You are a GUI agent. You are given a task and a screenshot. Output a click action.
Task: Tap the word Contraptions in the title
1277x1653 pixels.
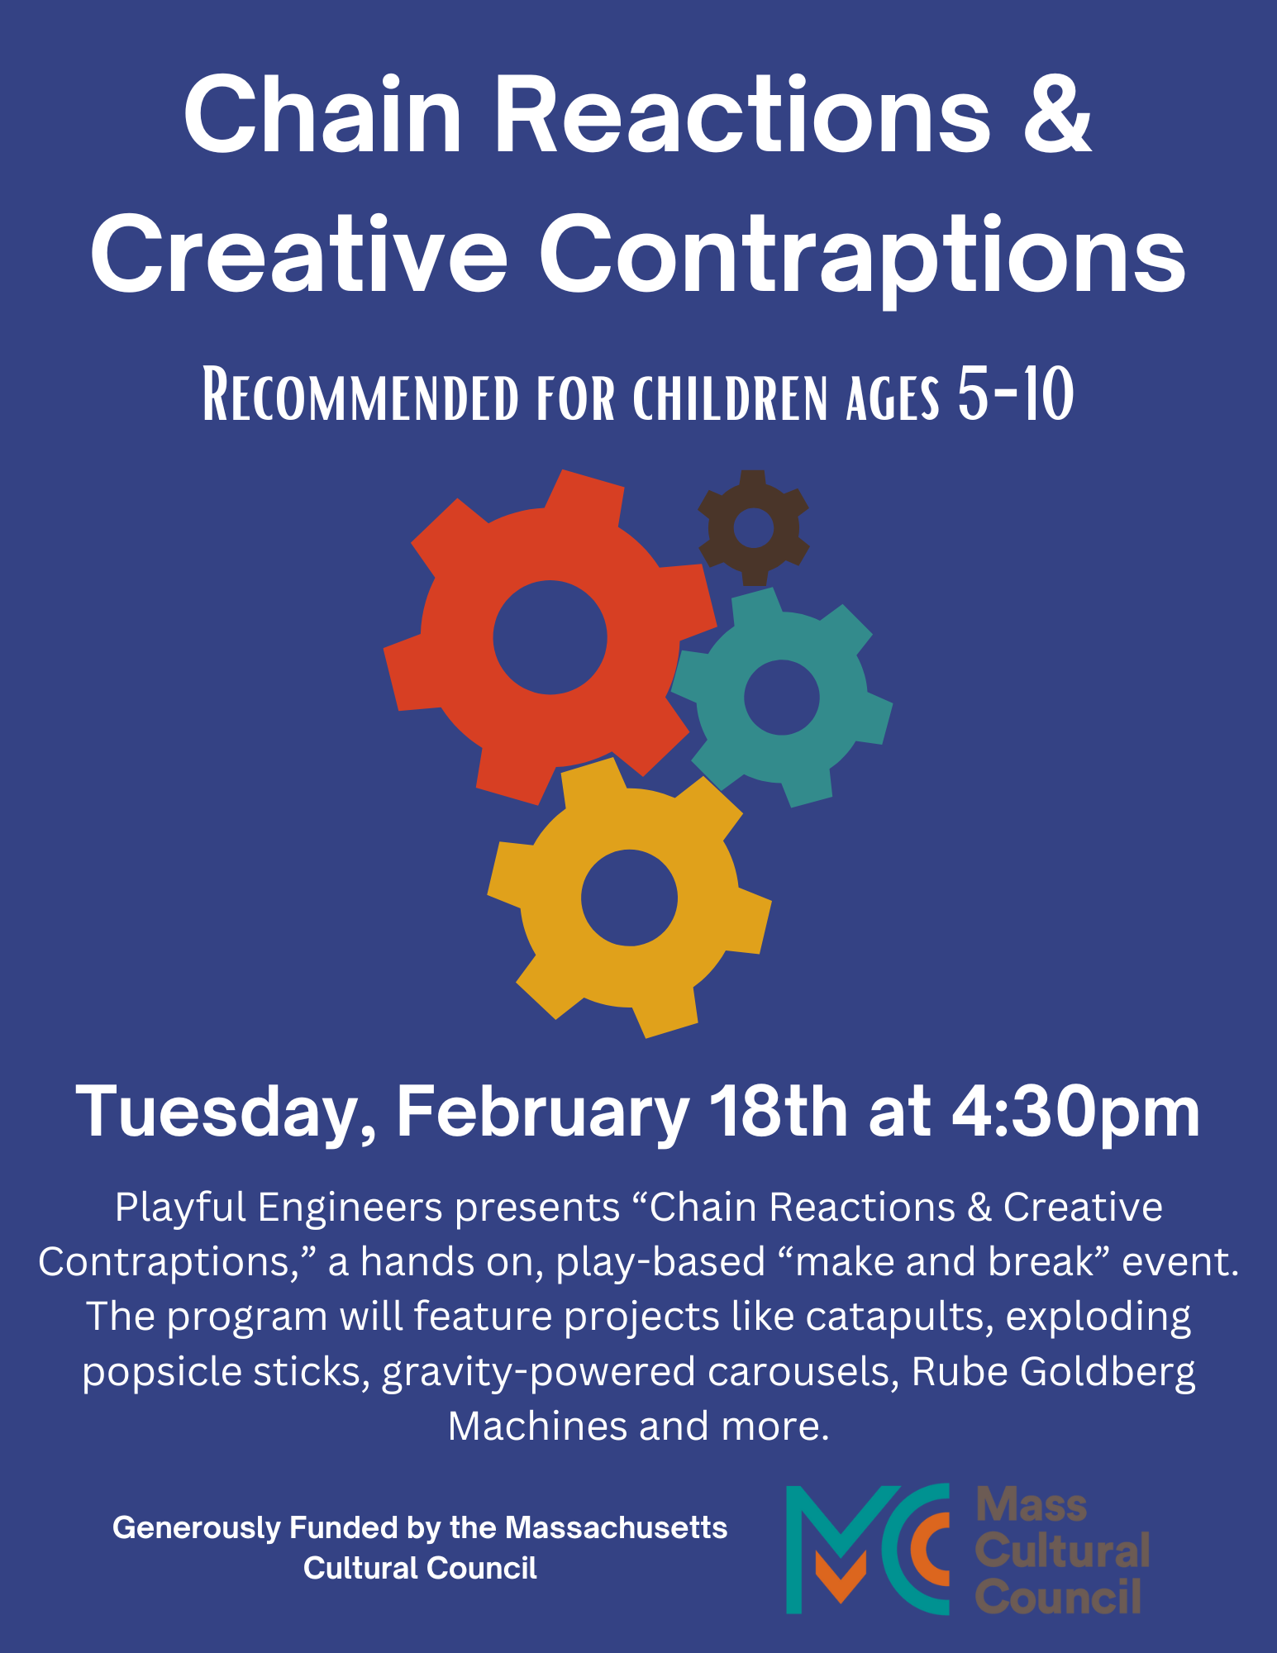pyautogui.click(x=863, y=255)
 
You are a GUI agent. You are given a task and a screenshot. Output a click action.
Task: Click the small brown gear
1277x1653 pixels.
pyautogui.click(x=753, y=527)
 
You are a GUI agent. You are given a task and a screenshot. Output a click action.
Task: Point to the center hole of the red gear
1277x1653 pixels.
pyautogui.click(x=550, y=637)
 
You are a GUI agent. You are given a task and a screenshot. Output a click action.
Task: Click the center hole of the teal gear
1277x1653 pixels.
pyautogui.click(x=781, y=697)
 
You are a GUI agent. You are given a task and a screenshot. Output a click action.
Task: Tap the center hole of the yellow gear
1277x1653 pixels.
pyautogui.click(x=629, y=898)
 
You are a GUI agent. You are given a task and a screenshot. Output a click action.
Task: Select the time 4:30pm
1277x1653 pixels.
pyautogui.click(x=1075, y=1113)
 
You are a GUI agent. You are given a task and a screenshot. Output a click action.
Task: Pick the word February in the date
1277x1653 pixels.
pyautogui.click(x=542, y=1113)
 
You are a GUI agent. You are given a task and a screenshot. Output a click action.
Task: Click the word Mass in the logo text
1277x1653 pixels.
pyautogui.click(x=1032, y=1505)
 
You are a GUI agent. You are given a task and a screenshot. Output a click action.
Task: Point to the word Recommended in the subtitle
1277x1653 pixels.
pyautogui.click(x=360, y=397)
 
